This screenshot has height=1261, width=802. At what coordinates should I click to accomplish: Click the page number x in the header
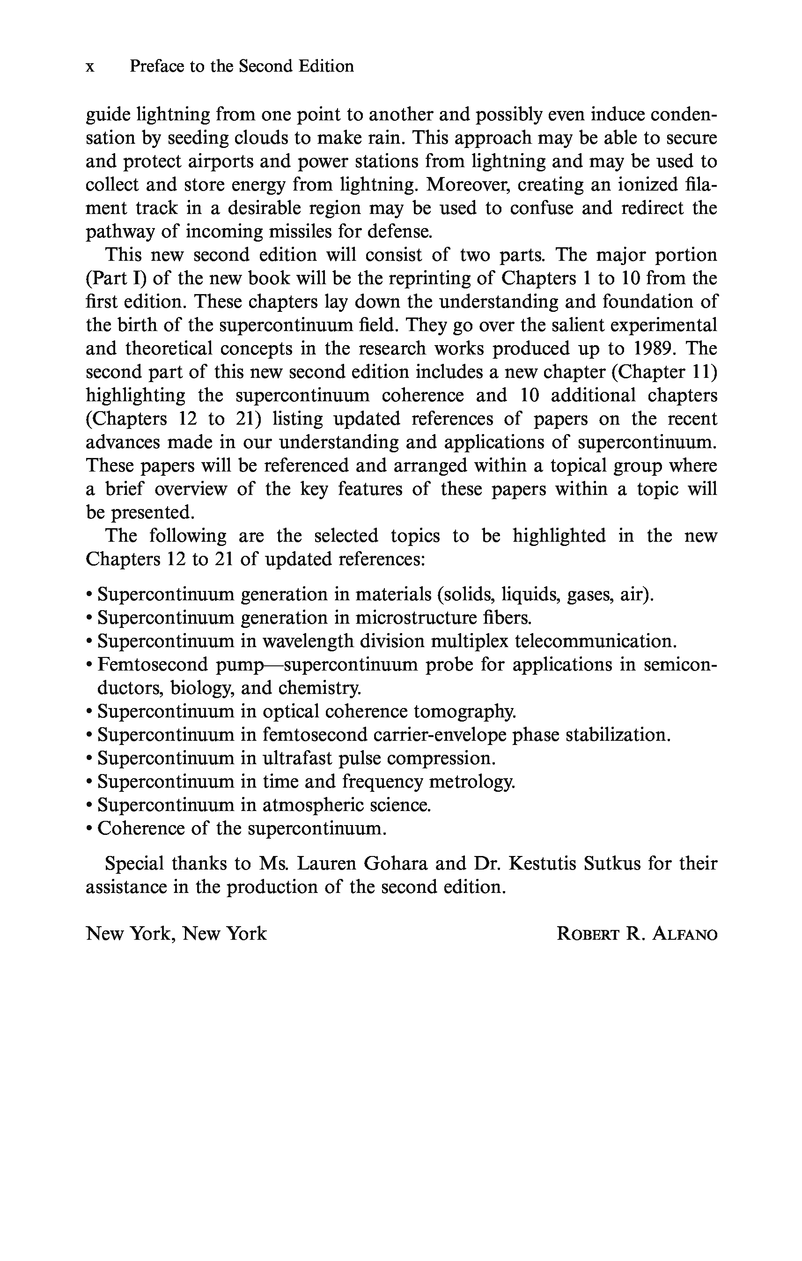(x=90, y=67)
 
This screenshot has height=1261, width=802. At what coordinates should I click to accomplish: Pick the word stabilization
(x=618, y=735)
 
